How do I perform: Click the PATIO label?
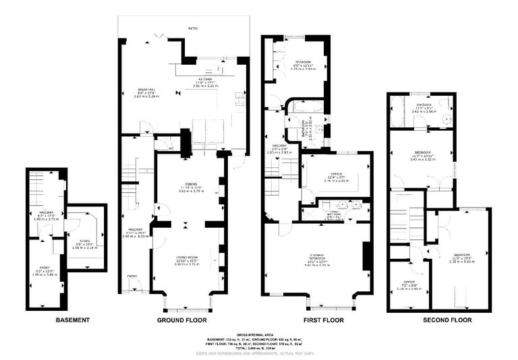(x=194, y=29)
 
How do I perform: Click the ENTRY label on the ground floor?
(x=132, y=276)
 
